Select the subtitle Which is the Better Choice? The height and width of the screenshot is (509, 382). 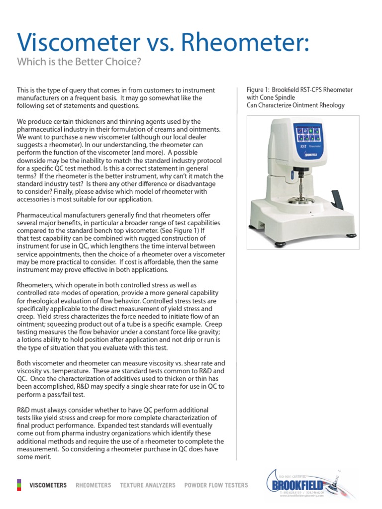(x=79, y=62)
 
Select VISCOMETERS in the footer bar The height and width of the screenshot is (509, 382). (x=48, y=485)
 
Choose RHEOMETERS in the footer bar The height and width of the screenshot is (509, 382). (x=94, y=485)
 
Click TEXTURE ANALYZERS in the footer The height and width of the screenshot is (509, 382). (x=148, y=485)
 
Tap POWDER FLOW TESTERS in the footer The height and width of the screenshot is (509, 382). (x=216, y=485)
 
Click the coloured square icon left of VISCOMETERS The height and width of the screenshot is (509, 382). (x=19, y=485)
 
